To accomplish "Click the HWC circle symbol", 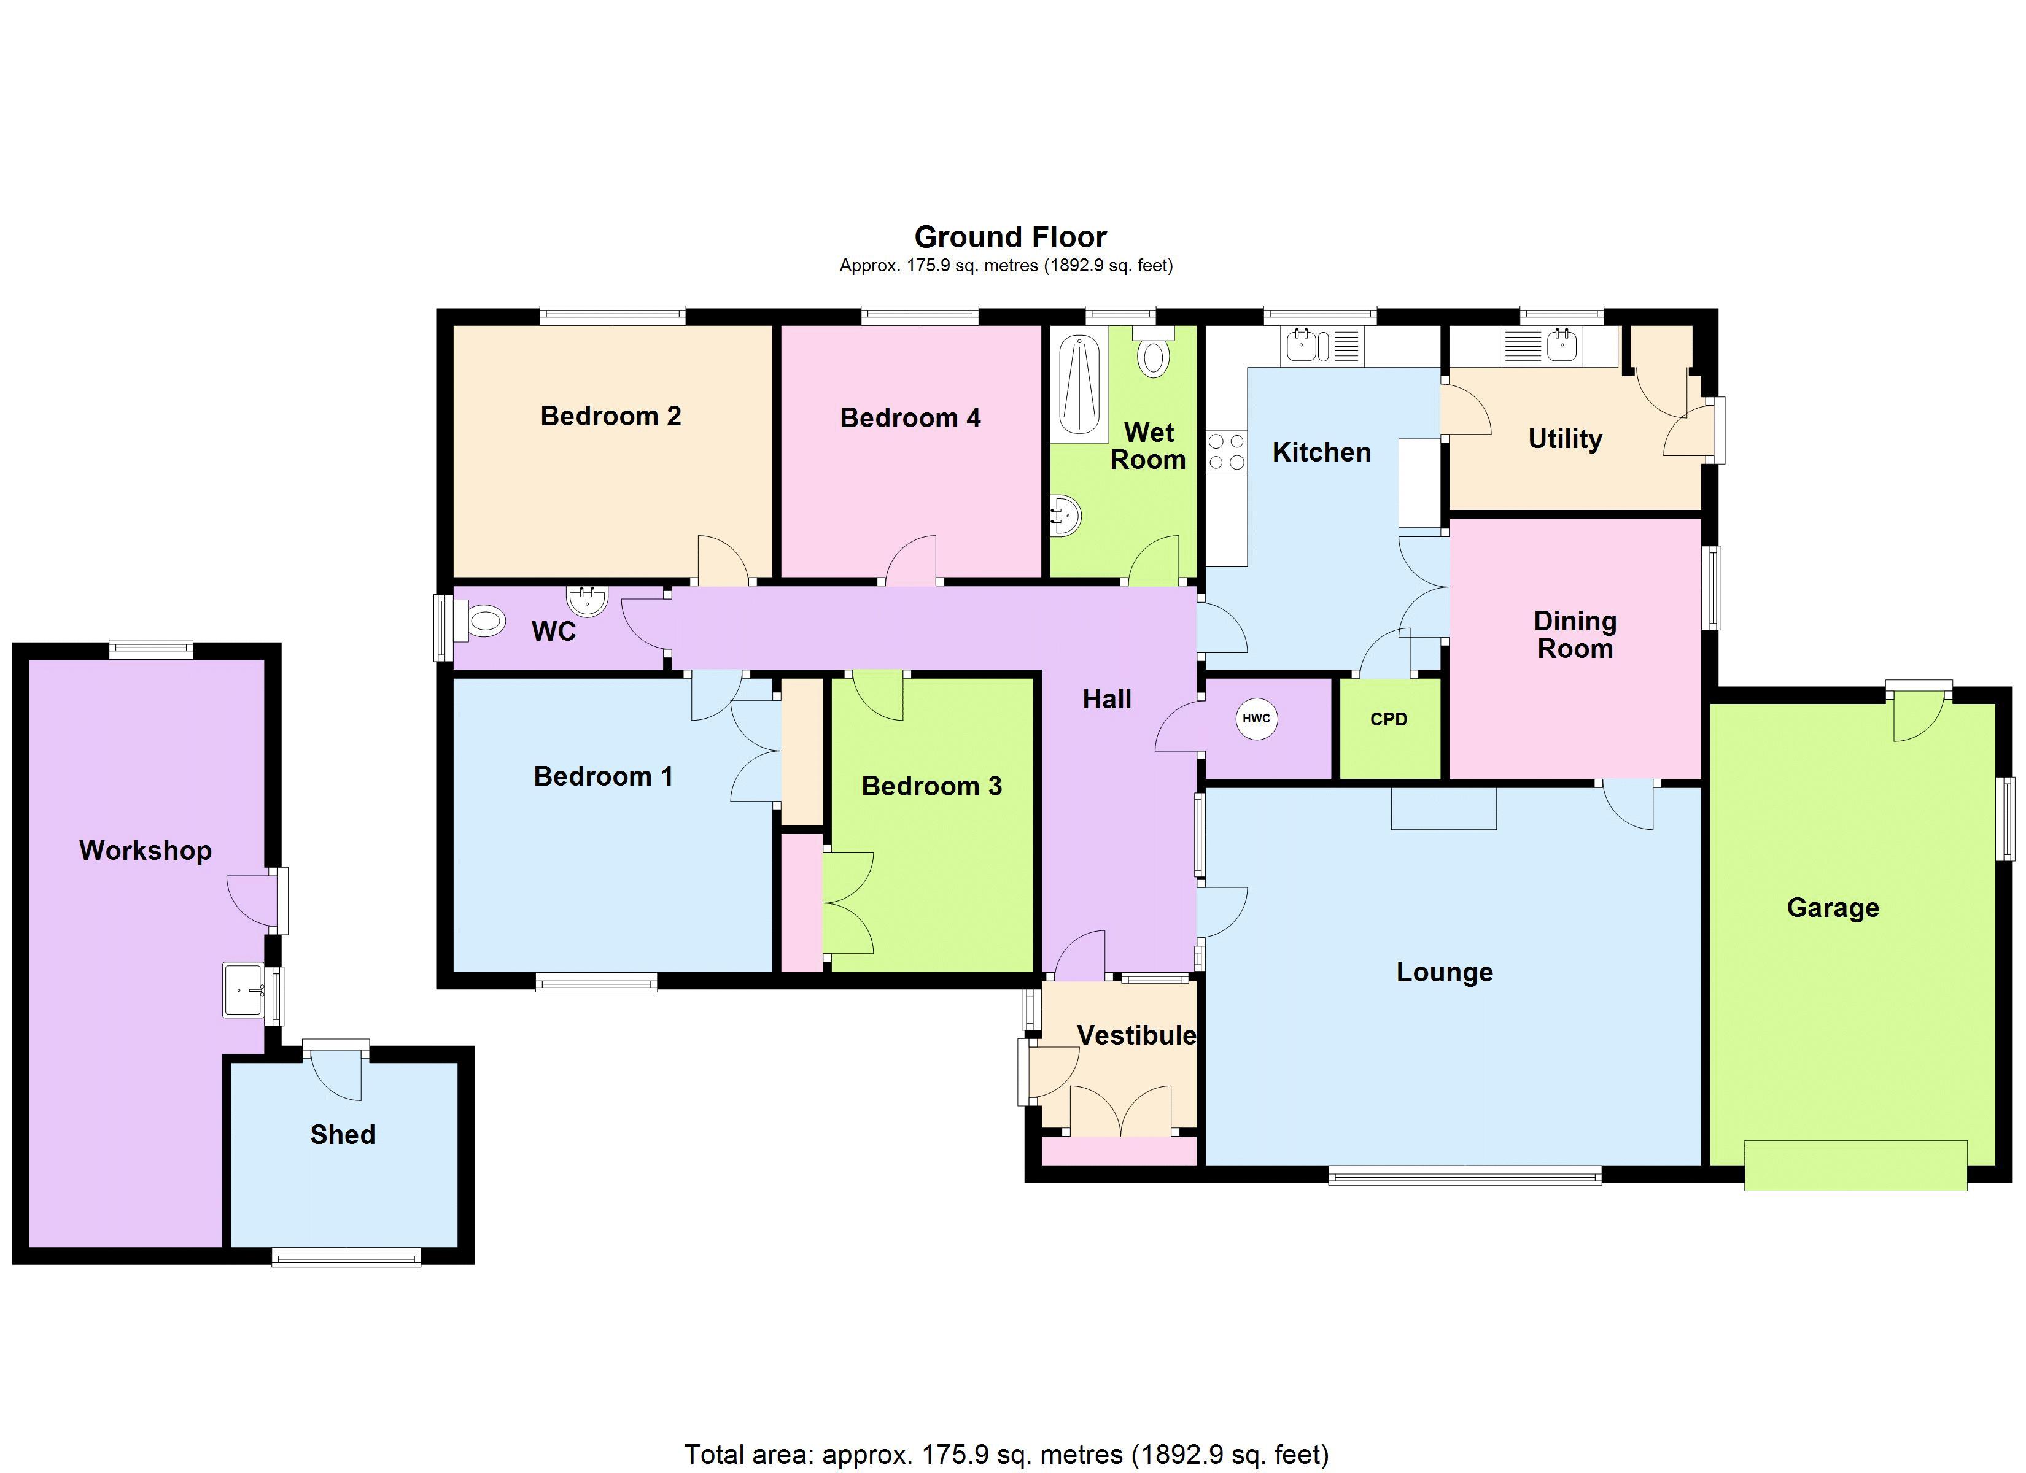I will click(x=1256, y=719).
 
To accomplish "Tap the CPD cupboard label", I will click(x=1388, y=720).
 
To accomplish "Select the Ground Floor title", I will click(x=1011, y=238).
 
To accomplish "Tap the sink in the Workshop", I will click(x=243, y=990).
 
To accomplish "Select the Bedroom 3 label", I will click(x=931, y=786).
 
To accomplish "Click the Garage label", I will click(x=1832, y=908).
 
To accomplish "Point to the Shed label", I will click(x=342, y=1134).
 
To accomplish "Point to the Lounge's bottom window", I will click(x=1464, y=1177).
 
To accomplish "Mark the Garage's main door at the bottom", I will click(x=1855, y=1165).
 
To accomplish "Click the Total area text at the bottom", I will click(x=1006, y=1454).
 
